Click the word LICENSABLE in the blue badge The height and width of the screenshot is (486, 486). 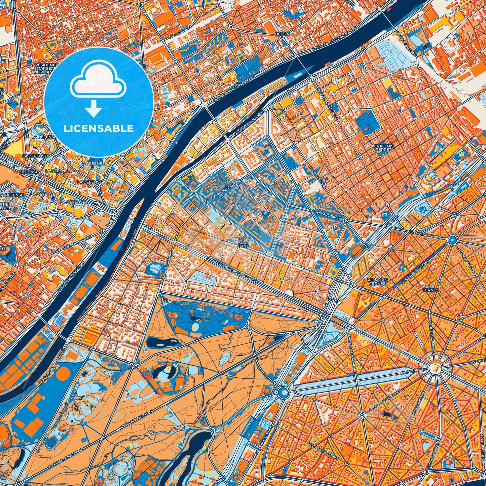point(99,128)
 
